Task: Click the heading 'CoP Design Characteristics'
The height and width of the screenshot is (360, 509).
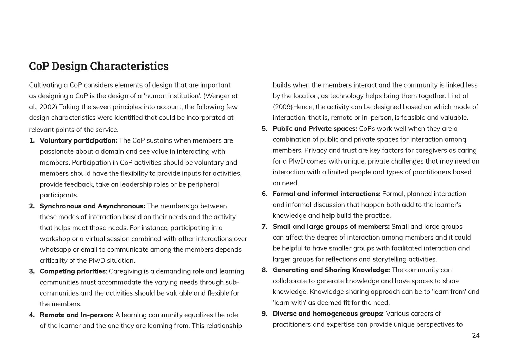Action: click(98, 66)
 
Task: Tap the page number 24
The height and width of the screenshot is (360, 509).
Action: click(476, 336)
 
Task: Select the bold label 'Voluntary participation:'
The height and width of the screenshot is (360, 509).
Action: click(78, 141)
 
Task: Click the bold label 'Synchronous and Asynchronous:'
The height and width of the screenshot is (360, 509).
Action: click(92, 206)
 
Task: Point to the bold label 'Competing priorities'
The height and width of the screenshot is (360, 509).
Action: click(73, 271)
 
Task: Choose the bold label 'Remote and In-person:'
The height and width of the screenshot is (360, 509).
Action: click(77, 315)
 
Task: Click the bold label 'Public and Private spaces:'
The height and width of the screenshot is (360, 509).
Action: click(315, 129)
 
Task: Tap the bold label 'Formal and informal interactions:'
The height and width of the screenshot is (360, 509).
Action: click(326, 194)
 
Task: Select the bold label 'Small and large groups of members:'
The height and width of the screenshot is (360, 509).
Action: click(331, 227)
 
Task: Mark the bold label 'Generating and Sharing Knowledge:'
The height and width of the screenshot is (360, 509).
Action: click(331, 270)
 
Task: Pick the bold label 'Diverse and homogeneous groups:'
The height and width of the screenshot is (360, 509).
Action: click(328, 314)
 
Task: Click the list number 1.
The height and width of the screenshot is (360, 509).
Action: click(32, 141)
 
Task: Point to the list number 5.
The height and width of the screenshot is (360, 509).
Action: click(264, 129)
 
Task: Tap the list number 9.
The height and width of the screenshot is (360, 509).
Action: click(264, 314)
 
